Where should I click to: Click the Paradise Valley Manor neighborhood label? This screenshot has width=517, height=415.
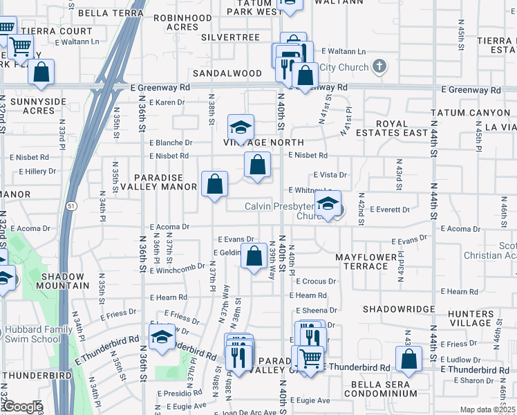click(x=160, y=182)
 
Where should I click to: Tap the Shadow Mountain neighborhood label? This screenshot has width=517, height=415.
click(x=59, y=279)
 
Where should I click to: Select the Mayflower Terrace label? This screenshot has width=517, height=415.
click(x=366, y=261)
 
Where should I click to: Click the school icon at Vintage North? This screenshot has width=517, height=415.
click(x=241, y=127)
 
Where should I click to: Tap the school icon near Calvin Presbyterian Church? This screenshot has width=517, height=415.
click(x=328, y=203)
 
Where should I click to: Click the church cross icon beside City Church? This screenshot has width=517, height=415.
click(x=377, y=67)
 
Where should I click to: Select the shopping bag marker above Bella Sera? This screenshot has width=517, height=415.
click(x=408, y=358)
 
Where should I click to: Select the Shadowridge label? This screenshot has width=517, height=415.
click(x=398, y=309)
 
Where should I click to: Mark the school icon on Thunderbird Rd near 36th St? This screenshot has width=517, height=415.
click(x=162, y=338)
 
